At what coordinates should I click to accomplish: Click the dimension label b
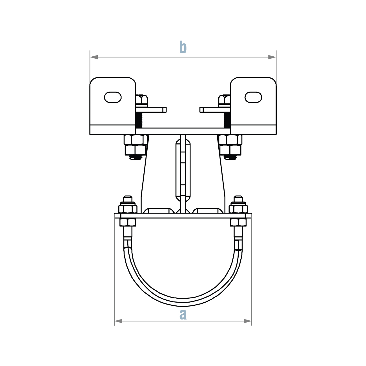[183, 47]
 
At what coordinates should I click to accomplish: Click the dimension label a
[183, 314]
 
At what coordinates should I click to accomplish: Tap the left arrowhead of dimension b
[94, 57]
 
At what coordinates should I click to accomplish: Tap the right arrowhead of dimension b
[272, 57]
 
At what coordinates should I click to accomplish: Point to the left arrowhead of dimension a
[118, 321]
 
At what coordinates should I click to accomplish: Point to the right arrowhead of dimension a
[248, 321]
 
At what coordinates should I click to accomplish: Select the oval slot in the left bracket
[113, 97]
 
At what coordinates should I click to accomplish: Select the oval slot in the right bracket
[253, 97]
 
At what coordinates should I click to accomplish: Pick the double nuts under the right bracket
[230, 145]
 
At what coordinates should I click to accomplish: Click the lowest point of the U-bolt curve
[183, 302]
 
